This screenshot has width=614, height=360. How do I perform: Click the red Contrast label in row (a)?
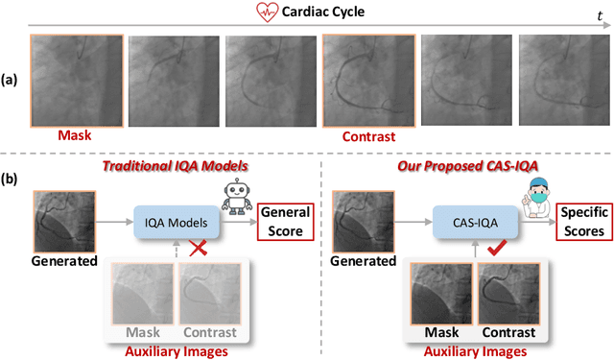point(369,137)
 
